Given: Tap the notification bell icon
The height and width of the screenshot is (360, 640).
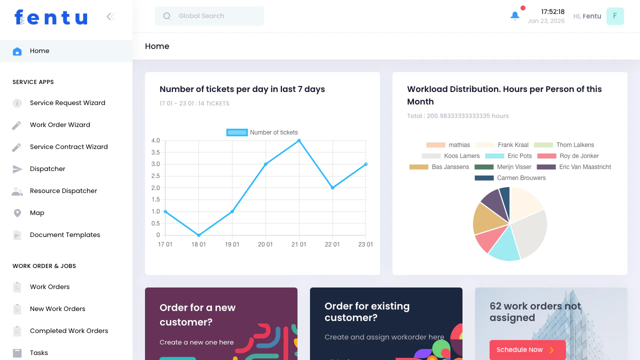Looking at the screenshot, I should click(x=515, y=16).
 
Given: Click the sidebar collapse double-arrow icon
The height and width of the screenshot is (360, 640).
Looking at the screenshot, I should click(x=110, y=16).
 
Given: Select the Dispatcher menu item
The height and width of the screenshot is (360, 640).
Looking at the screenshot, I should click(x=47, y=169).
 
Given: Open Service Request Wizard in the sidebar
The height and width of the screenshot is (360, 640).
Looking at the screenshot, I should click(x=67, y=103).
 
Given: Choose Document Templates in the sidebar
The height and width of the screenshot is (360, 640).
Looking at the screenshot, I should click(x=65, y=235).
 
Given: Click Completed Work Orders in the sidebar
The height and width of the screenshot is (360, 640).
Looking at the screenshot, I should click(x=69, y=331).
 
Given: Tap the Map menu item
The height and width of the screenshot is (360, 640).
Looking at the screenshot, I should click(x=37, y=213).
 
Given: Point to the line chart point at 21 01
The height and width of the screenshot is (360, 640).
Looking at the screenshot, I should click(x=299, y=140).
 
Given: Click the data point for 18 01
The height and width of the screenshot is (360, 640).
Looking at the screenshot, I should click(x=198, y=235).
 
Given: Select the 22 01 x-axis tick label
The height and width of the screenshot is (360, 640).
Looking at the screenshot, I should click(x=332, y=244).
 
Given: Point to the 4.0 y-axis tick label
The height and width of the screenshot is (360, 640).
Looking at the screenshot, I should click(x=155, y=140).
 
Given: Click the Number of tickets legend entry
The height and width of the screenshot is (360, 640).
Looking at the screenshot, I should click(x=262, y=132).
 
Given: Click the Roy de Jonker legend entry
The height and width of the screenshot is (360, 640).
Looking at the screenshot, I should click(x=567, y=156).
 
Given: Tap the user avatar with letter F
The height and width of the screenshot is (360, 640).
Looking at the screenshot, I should click(x=615, y=16).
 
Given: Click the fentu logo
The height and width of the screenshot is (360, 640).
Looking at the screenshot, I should click(x=51, y=17).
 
